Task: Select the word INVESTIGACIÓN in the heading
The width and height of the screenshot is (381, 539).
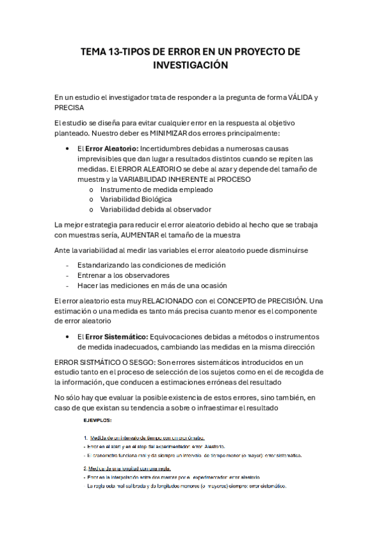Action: click(x=190, y=65)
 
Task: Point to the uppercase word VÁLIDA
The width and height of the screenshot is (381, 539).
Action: click(x=301, y=97)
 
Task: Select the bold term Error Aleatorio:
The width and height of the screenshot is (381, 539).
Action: click(x=111, y=148)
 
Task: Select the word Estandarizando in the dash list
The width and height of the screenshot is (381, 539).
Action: click(x=106, y=264)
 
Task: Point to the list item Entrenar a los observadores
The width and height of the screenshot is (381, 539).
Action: click(x=123, y=275)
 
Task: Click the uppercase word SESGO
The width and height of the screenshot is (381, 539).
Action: click(x=128, y=361)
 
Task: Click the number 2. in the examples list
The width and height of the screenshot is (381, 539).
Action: click(x=85, y=469)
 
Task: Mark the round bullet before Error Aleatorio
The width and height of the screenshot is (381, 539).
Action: click(x=67, y=148)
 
